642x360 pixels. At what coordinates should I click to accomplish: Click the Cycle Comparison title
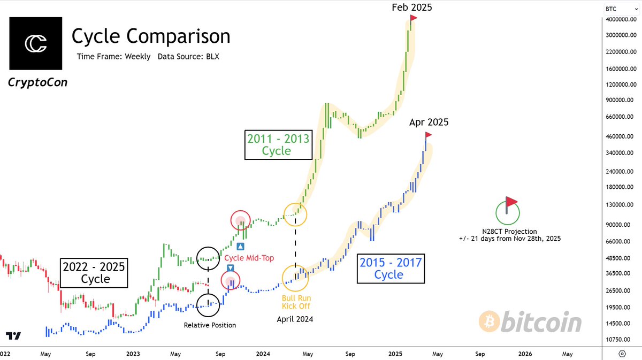pos(151,36)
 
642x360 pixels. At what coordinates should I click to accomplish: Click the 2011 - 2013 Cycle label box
pos(278,145)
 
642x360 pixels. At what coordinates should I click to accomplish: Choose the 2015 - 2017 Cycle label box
pos(390,269)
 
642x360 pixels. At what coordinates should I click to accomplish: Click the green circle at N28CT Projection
pos(507,211)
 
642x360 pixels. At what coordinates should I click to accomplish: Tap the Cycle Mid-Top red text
pos(249,258)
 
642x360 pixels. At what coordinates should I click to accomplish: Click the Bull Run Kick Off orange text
pos(296,302)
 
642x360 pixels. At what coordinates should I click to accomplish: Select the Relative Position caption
pos(210,325)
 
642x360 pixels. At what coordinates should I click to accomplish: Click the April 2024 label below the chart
pos(295,319)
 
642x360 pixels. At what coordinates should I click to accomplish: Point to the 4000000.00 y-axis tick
pos(621,19)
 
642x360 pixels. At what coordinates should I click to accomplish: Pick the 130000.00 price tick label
pos(621,205)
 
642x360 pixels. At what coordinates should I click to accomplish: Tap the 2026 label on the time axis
pos(525,354)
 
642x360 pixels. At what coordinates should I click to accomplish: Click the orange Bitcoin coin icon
pos(490,323)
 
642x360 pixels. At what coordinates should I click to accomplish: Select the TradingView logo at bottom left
pos(13,336)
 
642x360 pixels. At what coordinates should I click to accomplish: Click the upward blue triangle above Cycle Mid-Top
pos(240,247)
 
